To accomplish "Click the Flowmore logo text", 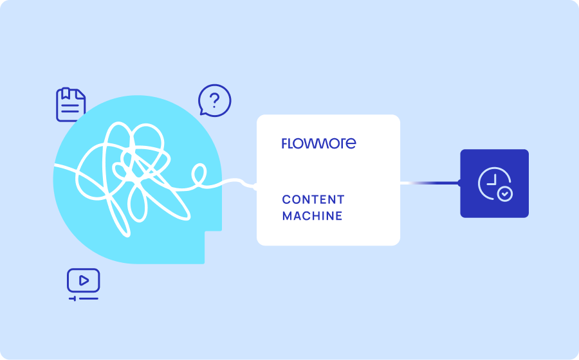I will tap(318, 143).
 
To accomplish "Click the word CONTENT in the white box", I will tap(313, 199).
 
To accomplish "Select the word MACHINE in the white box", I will tap(312, 216).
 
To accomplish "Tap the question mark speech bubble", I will tap(214, 100).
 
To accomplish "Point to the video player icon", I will tap(84, 280).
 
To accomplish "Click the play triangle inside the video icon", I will tap(84, 280).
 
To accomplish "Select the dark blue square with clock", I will tap(494, 183).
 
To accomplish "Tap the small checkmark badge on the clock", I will tap(506, 194).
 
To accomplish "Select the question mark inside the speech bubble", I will tap(215, 100).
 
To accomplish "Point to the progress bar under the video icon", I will tap(84, 298).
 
